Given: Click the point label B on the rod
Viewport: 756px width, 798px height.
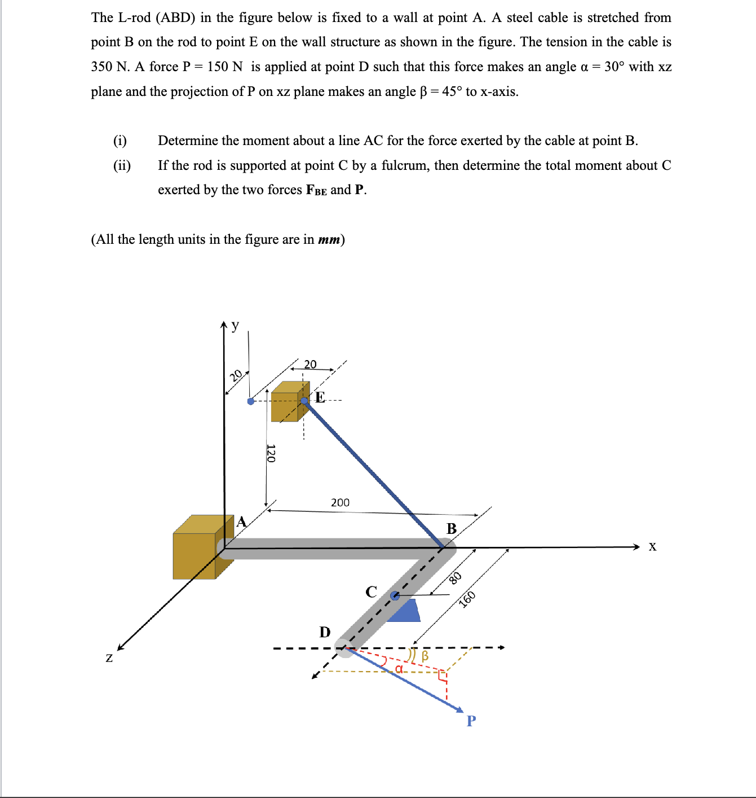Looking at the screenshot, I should point(452,529).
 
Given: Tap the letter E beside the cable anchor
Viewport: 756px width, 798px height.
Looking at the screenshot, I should point(320,397).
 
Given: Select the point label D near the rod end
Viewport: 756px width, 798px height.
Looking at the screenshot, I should point(325,632).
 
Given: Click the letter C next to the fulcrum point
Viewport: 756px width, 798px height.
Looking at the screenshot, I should point(371,591).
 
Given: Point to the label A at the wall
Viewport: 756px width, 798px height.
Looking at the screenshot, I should point(241,521).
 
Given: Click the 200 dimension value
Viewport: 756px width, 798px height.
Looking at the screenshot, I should point(340,502).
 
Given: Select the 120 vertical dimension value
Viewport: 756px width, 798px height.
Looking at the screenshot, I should point(271,453).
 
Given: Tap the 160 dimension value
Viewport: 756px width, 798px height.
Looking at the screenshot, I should point(467,599).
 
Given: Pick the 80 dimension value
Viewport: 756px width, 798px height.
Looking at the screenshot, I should point(456,577).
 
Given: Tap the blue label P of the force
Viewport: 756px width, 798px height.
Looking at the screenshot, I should point(471,721).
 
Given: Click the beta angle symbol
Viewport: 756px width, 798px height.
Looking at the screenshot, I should point(425,656).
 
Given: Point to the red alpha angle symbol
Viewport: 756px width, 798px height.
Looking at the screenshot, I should point(399,669).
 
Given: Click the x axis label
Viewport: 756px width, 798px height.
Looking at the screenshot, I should point(652,546).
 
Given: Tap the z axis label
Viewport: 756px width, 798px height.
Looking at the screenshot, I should point(109,657).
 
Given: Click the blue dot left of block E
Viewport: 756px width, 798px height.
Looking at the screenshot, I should point(251,401).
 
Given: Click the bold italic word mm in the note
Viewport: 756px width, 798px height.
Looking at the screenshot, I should point(329,239).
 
